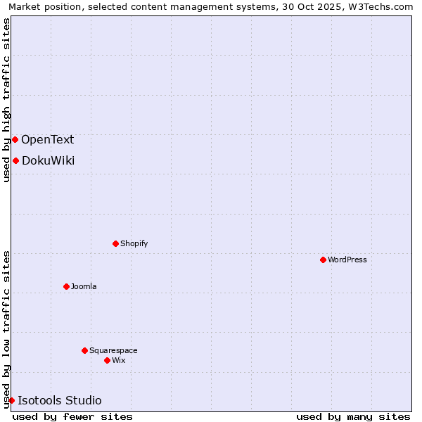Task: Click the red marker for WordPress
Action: [x=323, y=260]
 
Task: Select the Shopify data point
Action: [x=115, y=243]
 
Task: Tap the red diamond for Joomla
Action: [x=66, y=286]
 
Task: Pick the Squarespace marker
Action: [x=84, y=350]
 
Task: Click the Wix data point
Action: [x=107, y=360]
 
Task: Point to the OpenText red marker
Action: [x=15, y=139]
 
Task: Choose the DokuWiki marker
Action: [x=15, y=160]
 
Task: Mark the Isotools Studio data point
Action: [x=11, y=400]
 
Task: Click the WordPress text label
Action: [x=347, y=260]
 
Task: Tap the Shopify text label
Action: [x=134, y=243]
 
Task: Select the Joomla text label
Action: [x=84, y=286]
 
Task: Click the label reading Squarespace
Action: [x=113, y=350]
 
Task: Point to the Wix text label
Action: [x=119, y=360]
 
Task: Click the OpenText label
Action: [x=47, y=139]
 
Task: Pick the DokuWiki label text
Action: [x=48, y=160]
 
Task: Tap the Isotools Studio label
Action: [x=60, y=400]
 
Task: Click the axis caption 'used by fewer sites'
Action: [x=72, y=416]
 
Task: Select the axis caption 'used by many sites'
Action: [x=353, y=416]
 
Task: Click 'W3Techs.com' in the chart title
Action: [x=384, y=6]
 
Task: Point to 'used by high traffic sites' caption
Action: [x=6, y=100]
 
